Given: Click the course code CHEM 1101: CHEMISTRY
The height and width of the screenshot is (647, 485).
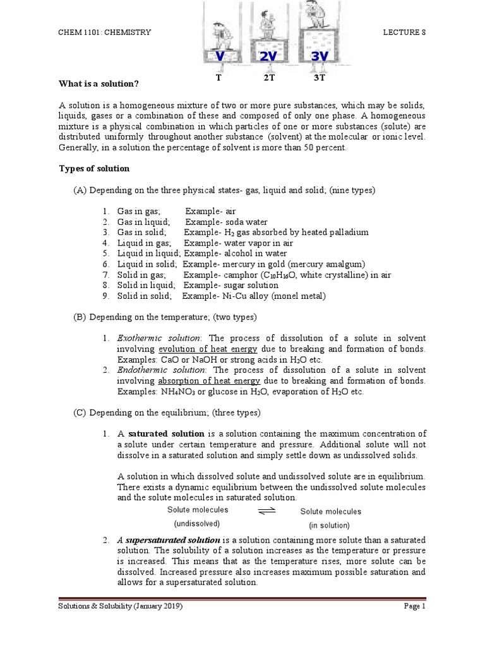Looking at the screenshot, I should pyautogui.click(x=105, y=32).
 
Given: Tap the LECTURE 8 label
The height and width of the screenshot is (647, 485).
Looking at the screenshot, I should pyautogui.click(x=404, y=32).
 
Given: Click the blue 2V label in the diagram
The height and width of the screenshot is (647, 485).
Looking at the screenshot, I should pyautogui.click(x=268, y=57).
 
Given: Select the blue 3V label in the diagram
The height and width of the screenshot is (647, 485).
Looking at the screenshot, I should pyautogui.click(x=320, y=57).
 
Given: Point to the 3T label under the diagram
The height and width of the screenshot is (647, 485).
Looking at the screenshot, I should pyautogui.click(x=319, y=78).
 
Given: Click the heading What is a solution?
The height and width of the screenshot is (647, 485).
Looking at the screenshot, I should pyautogui.click(x=99, y=83).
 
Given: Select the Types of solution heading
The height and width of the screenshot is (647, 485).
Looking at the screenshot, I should pyautogui.click(x=94, y=169).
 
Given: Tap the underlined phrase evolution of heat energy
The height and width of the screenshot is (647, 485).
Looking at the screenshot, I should pyautogui.click(x=208, y=349).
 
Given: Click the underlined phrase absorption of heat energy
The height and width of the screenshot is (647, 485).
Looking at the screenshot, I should pyautogui.click(x=209, y=381).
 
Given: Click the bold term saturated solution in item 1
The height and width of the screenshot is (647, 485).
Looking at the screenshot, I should pyautogui.click(x=166, y=434).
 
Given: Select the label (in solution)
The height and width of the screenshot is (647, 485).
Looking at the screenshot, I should pyautogui.click(x=329, y=525).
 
